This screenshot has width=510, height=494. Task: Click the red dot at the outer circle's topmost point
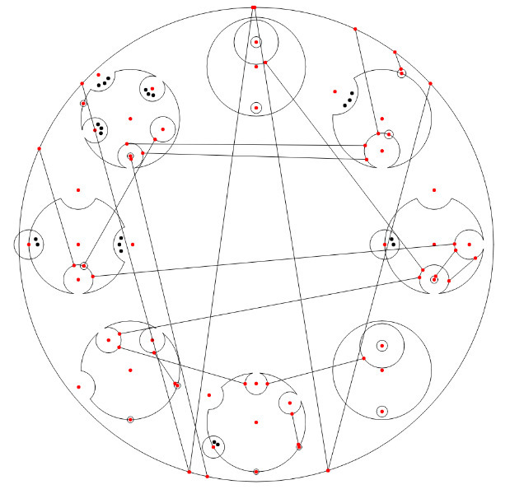[254, 7]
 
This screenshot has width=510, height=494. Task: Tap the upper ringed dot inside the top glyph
[256, 42]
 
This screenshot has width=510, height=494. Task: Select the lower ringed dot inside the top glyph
[256, 108]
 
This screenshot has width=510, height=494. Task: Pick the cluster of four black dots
[99, 128]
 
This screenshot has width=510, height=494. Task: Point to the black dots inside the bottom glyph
[216, 445]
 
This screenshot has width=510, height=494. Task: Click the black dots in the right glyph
[392, 243]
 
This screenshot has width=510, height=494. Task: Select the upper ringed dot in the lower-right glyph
[382, 346]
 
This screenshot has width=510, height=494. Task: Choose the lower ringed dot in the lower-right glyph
[382, 410]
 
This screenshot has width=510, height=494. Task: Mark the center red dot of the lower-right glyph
[382, 370]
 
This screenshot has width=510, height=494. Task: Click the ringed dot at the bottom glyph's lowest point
[256, 471]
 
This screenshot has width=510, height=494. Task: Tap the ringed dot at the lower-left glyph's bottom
[130, 419]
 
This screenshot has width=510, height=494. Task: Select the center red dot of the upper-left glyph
[129, 120]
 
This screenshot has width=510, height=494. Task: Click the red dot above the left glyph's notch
[78, 190]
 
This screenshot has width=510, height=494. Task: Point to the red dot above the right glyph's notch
[434, 191]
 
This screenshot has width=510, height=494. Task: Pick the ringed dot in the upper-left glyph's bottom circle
[130, 156]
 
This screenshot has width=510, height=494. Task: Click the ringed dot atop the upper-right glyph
[401, 74]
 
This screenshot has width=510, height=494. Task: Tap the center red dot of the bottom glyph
[256, 422]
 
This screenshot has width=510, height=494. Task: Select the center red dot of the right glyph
[434, 244]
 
